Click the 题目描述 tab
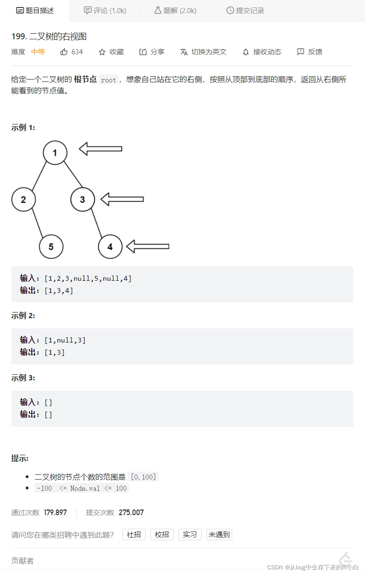point(35,10)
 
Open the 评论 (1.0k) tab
point(105,10)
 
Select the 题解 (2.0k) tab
point(175,10)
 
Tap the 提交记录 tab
point(245,10)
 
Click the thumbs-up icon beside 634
point(64,52)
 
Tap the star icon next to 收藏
point(102,52)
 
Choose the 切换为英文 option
point(203,52)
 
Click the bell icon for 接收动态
point(246,52)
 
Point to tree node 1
point(55,153)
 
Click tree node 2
point(23,200)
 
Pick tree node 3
point(83,200)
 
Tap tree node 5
point(51,247)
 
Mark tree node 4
point(110,247)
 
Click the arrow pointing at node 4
point(148,246)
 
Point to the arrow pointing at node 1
point(100,149)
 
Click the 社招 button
point(134,534)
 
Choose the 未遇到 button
point(219,534)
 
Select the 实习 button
point(190,534)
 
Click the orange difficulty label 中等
point(38,52)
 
